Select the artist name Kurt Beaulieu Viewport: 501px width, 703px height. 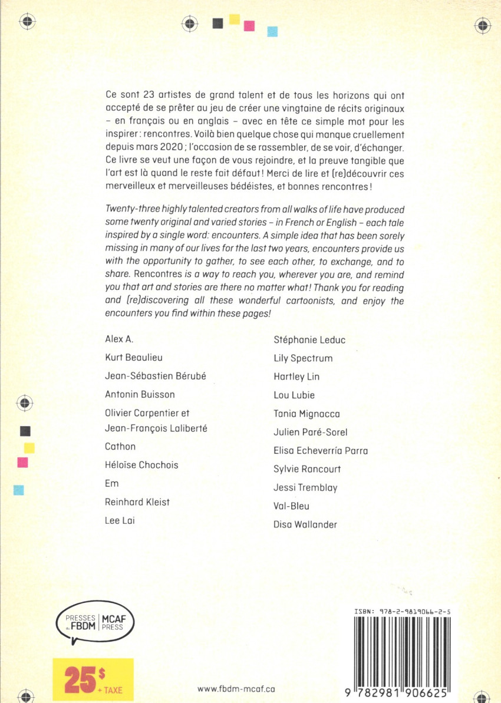pos(133,358)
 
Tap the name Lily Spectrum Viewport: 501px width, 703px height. pos(303,358)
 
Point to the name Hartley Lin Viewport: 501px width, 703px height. pos(296,377)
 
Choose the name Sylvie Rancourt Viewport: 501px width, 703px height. pos(307,469)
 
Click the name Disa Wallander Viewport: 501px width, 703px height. pos(305,524)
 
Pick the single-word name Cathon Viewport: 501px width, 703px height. pos(120,446)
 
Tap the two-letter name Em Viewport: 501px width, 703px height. pos(111,483)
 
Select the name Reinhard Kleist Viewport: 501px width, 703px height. pos(137,501)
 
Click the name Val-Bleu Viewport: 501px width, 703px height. pos(291,506)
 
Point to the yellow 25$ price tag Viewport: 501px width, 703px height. pos(93,680)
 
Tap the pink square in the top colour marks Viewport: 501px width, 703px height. pos(249,25)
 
